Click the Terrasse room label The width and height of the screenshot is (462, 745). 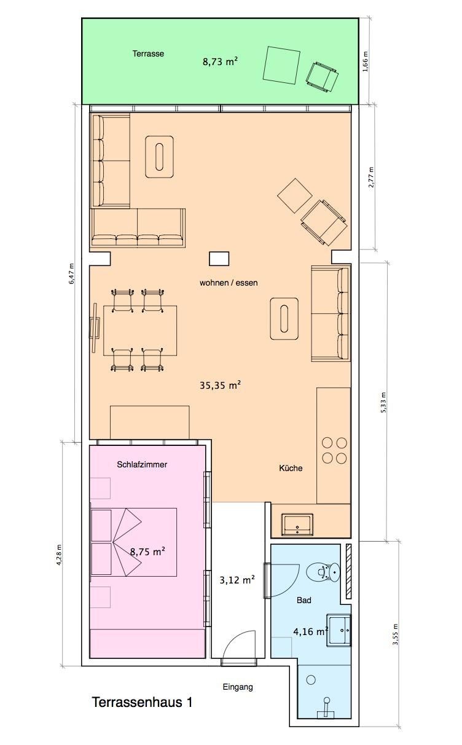[x=148, y=53]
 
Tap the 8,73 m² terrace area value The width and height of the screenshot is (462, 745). [x=220, y=61]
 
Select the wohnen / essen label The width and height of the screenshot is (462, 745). [x=229, y=283]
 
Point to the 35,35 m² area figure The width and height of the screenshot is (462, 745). [x=220, y=386]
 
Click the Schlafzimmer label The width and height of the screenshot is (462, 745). [x=142, y=465]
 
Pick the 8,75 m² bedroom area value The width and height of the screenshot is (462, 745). [x=147, y=552]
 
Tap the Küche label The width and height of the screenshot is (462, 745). [x=291, y=468]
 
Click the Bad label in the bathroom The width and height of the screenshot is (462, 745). [x=303, y=600]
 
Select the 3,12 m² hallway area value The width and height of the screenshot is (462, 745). [x=237, y=580]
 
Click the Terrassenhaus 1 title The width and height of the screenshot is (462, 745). [x=142, y=703]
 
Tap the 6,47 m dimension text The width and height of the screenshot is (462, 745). [x=71, y=273]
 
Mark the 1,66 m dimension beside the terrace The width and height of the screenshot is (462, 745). [x=366, y=61]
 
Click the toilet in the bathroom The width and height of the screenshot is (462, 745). [x=323, y=572]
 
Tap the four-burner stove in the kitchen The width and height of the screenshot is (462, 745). [x=334, y=451]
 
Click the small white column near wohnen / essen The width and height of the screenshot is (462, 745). [x=219, y=259]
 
